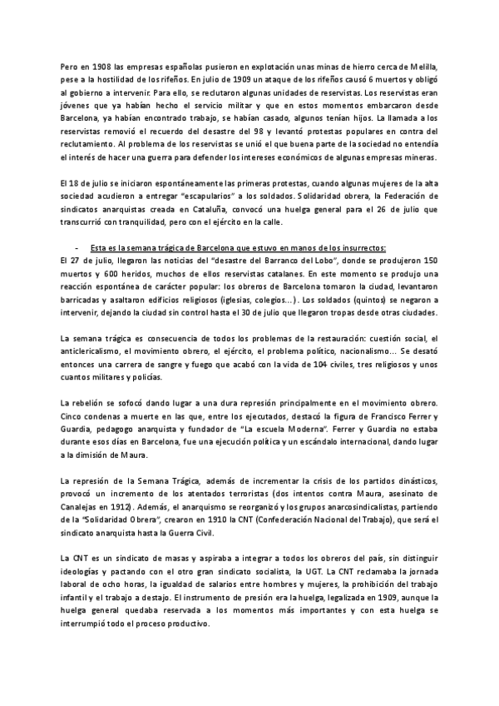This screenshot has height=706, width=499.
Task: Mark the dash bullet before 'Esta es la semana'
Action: (x=77, y=246)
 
